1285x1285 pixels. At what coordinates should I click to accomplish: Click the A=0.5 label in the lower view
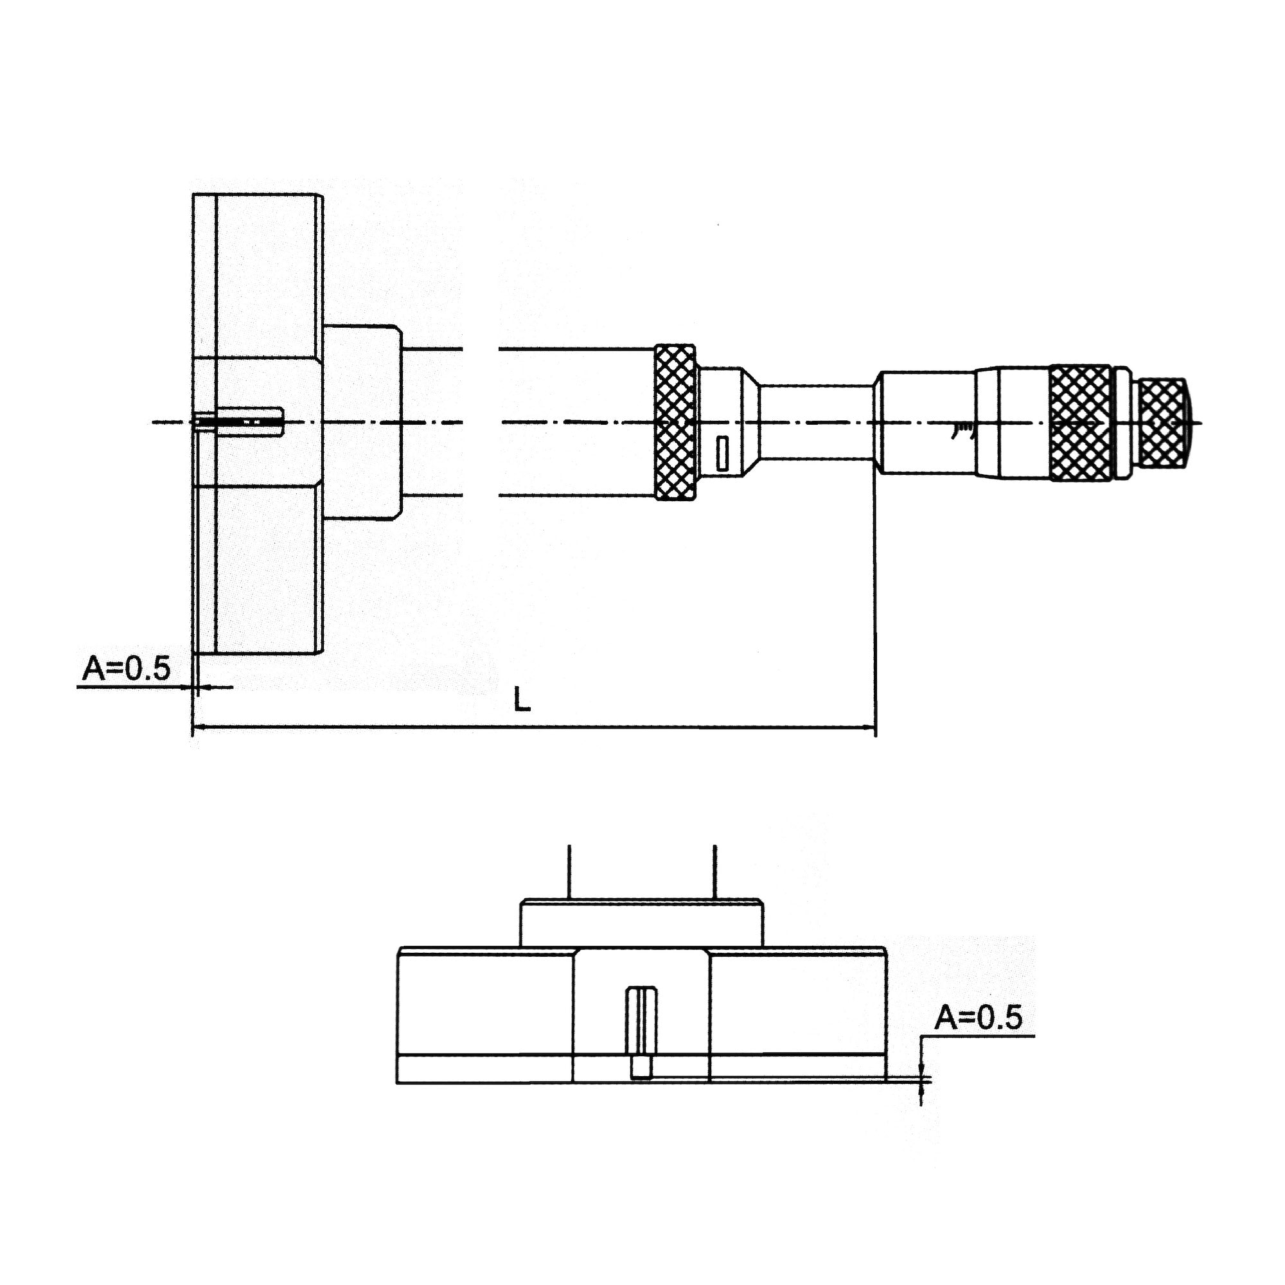[x=979, y=1018]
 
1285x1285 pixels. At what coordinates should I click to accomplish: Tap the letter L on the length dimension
[x=523, y=700]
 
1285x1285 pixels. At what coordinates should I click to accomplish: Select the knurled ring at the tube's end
[x=676, y=421]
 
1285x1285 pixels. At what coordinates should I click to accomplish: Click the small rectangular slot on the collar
[x=722, y=454]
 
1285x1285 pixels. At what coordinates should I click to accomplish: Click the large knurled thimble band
[x=1080, y=421]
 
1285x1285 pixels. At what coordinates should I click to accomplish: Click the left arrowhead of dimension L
[x=198, y=727]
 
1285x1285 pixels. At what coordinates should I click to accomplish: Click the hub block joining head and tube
[x=362, y=421]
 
